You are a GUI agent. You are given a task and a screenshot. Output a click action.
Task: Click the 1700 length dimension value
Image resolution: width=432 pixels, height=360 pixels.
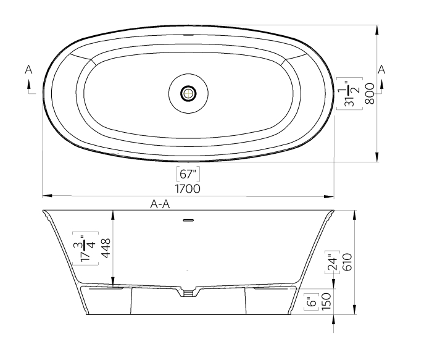188,188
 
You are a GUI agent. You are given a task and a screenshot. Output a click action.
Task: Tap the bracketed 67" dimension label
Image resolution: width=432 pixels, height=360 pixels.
188,173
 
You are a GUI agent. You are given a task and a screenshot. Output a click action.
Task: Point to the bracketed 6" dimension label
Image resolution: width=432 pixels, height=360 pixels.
312,303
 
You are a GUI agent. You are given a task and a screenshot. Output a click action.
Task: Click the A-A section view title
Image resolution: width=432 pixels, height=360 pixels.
160,206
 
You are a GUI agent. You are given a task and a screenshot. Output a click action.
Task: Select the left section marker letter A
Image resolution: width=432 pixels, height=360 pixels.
28,71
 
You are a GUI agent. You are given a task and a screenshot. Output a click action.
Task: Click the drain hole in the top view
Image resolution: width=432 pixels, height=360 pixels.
188,93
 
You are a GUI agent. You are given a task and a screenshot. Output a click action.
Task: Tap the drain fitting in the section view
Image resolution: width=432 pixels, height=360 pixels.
188,292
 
